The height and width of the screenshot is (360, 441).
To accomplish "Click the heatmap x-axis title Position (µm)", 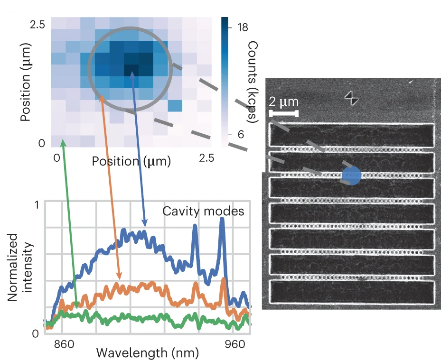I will coord(131,161).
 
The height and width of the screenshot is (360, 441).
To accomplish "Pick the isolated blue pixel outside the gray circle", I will coord(174,105).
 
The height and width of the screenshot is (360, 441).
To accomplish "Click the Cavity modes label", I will coord(203,211).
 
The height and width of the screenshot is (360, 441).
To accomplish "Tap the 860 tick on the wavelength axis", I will coord(64,343).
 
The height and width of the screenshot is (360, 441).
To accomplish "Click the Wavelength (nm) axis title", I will coord(148,353).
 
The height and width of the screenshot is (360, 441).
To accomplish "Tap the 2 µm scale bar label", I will coord(283,102).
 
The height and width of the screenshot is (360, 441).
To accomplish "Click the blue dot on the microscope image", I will coord(351,175).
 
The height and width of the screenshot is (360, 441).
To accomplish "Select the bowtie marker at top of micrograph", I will coord(352,97).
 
